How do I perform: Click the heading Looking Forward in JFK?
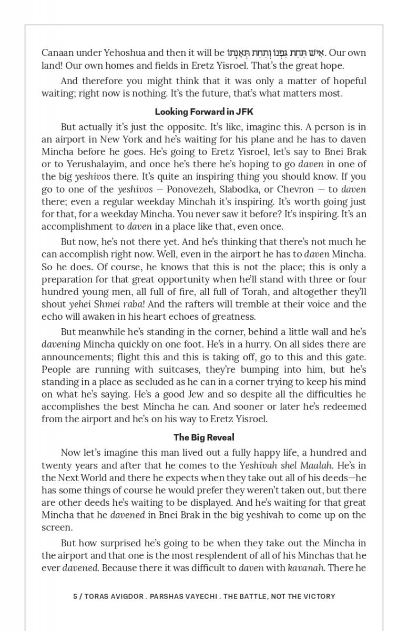click(204, 111)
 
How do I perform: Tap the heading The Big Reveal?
click(204, 437)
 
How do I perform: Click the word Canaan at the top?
click(58, 53)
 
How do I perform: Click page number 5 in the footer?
click(76, 596)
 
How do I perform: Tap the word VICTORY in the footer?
click(317, 596)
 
